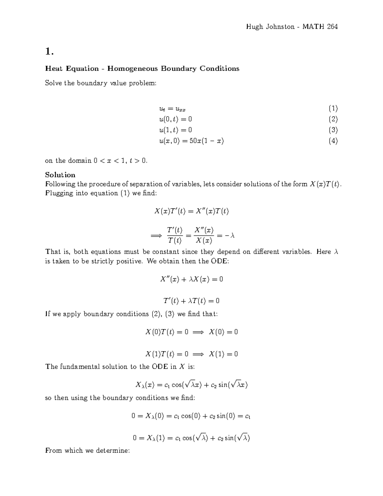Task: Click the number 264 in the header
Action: pos(332,27)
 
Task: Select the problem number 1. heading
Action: pos(49,51)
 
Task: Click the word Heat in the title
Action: pos(54,69)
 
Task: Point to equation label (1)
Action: pos(333,109)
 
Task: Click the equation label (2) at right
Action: pos(333,119)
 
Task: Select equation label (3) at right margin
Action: pos(333,130)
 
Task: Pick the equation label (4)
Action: pos(333,141)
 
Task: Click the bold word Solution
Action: pos(60,175)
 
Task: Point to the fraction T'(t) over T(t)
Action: pos(175,235)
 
